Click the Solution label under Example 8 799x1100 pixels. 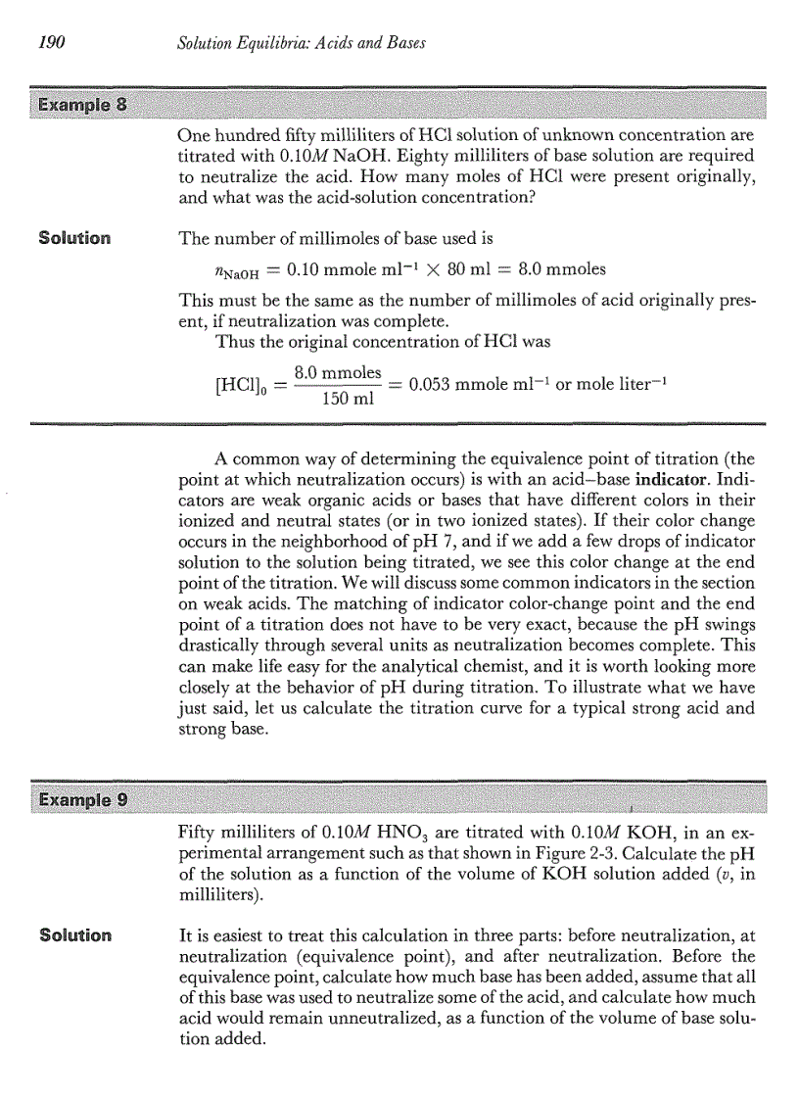(x=74, y=238)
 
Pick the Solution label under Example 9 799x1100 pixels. (x=74, y=933)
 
